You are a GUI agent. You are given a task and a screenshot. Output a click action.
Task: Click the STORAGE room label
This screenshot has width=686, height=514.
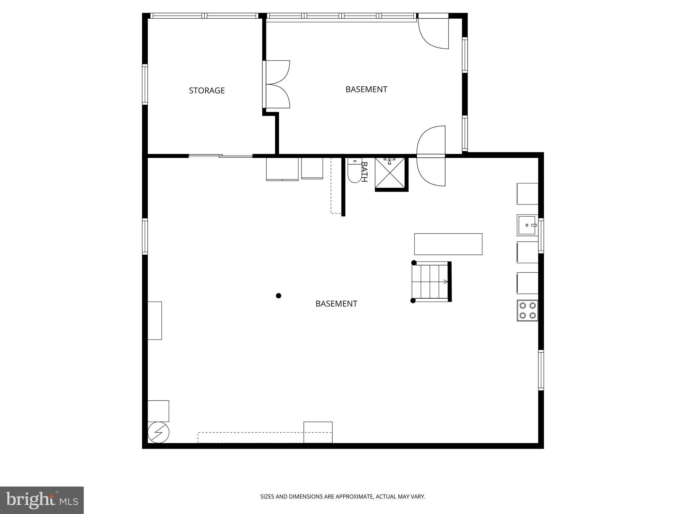tap(207, 90)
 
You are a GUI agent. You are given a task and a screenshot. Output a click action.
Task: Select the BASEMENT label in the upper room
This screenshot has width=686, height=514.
tap(366, 89)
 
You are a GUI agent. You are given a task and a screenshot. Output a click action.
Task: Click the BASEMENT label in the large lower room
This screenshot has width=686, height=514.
tap(336, 304)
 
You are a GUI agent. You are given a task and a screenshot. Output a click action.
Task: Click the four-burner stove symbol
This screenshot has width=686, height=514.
tap(527, 311)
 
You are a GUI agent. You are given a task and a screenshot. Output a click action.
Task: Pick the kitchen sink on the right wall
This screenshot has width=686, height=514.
tap(527, 225)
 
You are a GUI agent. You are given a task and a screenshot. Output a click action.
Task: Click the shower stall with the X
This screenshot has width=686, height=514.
tap(390, 173)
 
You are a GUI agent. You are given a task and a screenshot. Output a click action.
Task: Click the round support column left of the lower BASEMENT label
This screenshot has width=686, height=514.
tap(278, 295)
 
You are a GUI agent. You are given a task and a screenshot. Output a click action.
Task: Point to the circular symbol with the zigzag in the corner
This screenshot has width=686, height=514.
tap(158, 432)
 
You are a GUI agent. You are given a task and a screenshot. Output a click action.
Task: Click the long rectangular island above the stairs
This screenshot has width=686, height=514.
tap(448, 244)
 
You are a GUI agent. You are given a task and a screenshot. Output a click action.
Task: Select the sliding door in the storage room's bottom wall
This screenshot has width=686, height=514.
tap(220, 156)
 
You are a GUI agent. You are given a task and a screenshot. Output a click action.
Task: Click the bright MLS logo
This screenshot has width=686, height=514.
tap(42, 500)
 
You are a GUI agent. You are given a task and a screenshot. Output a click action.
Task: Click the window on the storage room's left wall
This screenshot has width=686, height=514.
tap(145, 84)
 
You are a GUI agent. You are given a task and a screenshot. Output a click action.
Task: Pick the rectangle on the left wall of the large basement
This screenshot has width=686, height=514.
tap(155, 321)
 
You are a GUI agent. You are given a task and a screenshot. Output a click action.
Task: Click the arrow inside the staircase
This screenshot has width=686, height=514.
tap(445, 282)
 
